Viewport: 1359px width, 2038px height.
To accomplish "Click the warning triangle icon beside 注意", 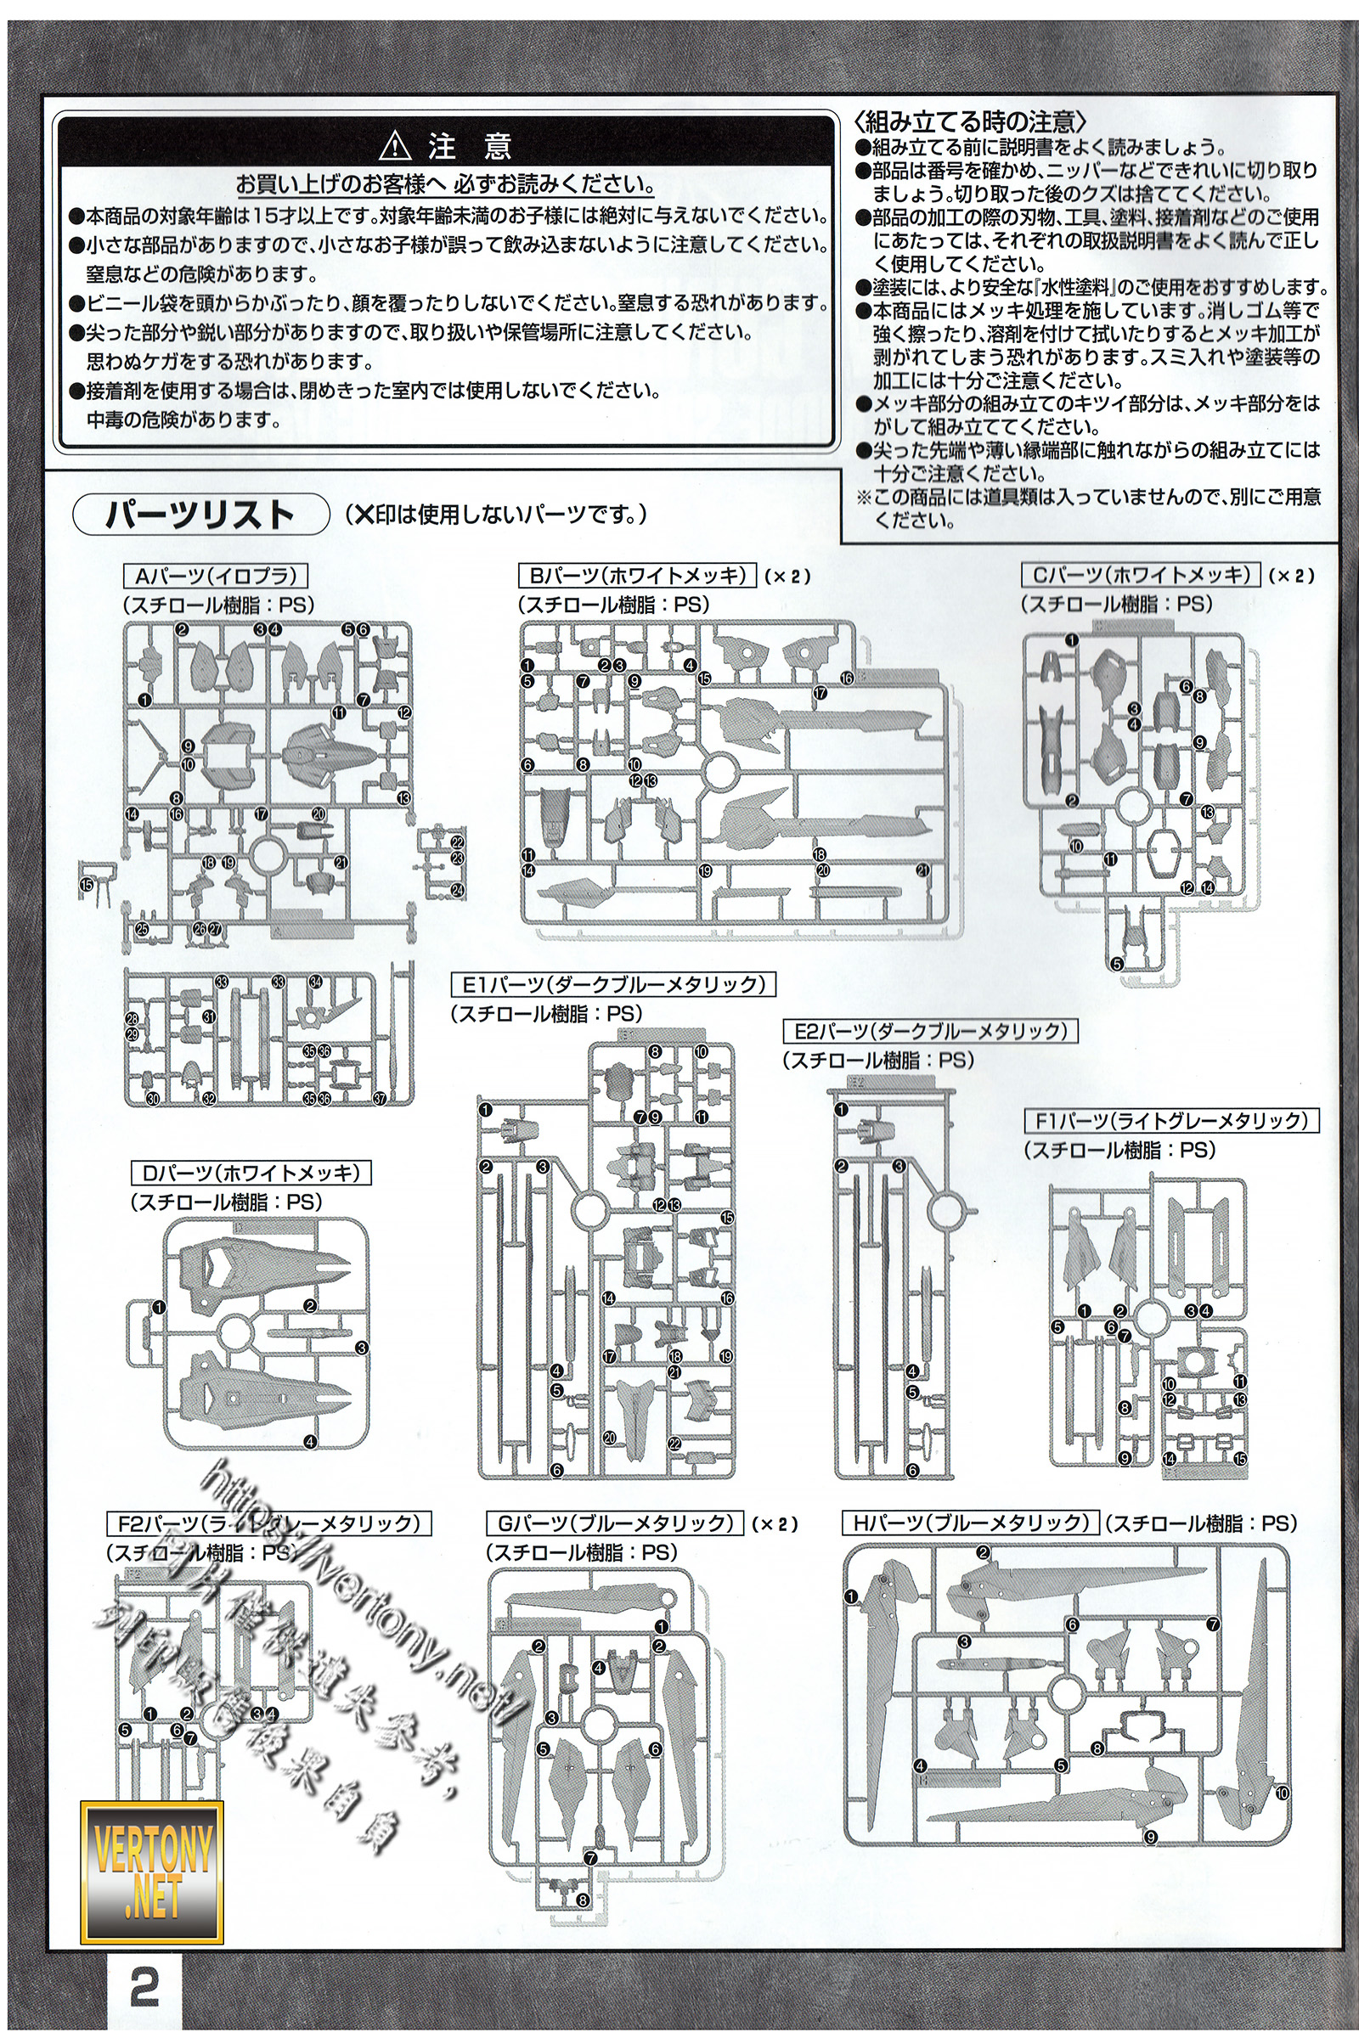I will click(395, 144).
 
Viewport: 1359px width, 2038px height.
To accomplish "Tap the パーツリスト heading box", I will click(200, 514).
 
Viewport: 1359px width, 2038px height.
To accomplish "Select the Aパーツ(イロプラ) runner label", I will click(216, 577).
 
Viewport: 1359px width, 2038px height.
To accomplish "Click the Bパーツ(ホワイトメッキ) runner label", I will click(637, 576).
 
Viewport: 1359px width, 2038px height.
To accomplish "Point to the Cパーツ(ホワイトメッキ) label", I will click(1141, 575).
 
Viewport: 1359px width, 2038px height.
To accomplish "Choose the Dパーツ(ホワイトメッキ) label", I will click(251, 1174).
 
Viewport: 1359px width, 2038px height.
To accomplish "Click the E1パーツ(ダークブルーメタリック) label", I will click(612, 984).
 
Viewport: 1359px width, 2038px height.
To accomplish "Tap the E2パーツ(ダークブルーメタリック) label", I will click(930, 1031).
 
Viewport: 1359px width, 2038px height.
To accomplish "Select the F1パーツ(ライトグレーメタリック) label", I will click(1171, 1121).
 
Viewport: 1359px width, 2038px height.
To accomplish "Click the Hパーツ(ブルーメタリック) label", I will click(971, 1523).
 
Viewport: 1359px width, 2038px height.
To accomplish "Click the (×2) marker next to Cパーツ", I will click(1290, 576).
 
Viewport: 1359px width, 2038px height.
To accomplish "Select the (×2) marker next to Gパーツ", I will click(774, 1524).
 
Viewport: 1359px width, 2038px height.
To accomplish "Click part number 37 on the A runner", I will click(379, 1099).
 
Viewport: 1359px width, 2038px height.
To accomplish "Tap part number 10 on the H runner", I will click(1282, 1793).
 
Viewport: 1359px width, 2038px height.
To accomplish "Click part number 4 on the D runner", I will click(310, 1442).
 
